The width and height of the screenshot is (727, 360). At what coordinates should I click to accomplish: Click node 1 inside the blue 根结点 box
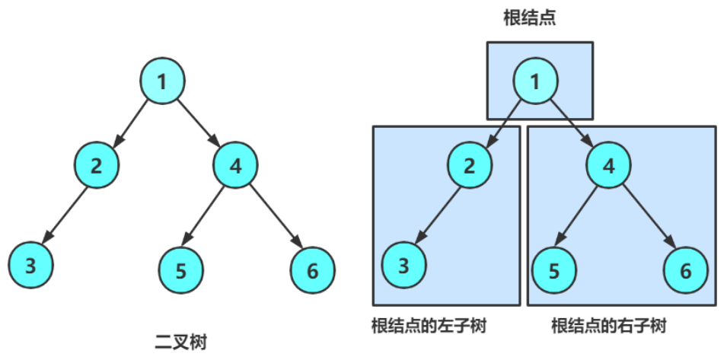pyautogui.click(x=535, y=81)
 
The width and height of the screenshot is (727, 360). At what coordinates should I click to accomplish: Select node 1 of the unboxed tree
pyautogui.click(x=163, y=81)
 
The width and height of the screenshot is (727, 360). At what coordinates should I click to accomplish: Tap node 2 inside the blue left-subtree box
pyautogui.click(x=470, y=165)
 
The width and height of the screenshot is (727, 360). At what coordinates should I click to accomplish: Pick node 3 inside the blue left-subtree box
pyautogui.click(x=403, y=265)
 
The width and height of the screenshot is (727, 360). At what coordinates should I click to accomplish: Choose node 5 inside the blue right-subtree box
pyautogui.click(x=553, y=269)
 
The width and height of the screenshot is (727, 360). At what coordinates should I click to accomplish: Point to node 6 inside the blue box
pyautogui.click(x=686, y=269)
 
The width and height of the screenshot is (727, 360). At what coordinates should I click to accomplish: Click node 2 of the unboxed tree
pyautogui.click(x=97, y=164)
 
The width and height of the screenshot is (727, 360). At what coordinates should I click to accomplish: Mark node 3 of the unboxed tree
pyautogui.click(x=31, y=265)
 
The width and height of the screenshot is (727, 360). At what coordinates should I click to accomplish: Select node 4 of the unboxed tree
pyautogui.click(x=235, y=164)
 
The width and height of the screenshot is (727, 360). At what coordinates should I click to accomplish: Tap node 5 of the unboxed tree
pyautogui.click(x=181, y=269)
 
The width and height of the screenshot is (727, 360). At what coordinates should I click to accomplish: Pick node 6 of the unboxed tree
pyautogui.click(x=313, y=269)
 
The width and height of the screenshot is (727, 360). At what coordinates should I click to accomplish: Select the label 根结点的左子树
pyautogui.click(x=429, y=326)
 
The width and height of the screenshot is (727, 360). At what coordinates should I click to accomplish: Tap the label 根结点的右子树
pyautogui.click(x=608, y=326)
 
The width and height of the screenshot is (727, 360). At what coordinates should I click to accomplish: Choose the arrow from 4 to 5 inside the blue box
pyautogui.click(x=580, y=218)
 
